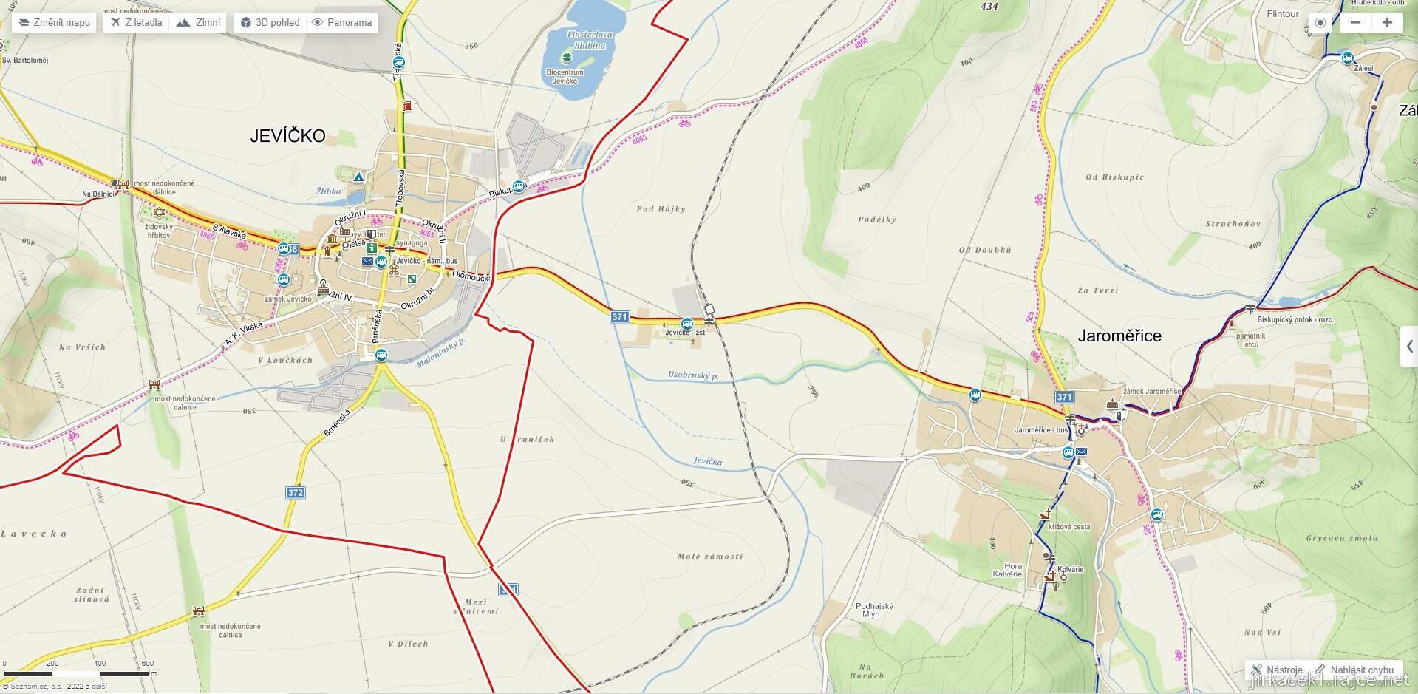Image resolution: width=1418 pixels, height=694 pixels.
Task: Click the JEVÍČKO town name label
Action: point(287,136)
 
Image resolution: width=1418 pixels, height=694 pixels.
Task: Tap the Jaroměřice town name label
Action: point(1119,336)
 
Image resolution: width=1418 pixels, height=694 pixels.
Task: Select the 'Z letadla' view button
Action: point(136,22)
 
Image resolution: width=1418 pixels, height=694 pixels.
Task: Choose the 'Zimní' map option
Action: point(199,22)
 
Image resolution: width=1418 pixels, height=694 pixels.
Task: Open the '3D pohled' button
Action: point(270,22)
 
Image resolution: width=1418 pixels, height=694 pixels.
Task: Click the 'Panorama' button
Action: point(341,22)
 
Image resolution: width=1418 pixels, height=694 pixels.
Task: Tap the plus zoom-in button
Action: point(1387,22)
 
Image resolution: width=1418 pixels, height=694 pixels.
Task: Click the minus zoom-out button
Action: point(1355,22)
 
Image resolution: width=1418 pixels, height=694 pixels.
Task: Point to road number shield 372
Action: point(295,492)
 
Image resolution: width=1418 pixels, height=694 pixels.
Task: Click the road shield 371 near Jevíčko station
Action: point(619,316)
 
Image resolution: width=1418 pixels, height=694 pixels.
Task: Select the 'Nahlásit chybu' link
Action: point(1354,670)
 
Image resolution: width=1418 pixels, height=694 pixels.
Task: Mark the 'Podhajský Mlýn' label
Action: point(874,610)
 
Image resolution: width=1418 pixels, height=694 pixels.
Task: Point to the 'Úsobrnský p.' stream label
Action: point(693,375)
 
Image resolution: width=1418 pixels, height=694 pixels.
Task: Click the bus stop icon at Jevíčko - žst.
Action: point(686,323)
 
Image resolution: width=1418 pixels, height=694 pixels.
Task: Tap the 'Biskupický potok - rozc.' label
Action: point(1295,320)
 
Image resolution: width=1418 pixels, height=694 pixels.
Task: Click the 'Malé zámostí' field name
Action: point(709,557)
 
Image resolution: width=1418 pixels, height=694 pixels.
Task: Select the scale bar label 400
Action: point(100,664)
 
